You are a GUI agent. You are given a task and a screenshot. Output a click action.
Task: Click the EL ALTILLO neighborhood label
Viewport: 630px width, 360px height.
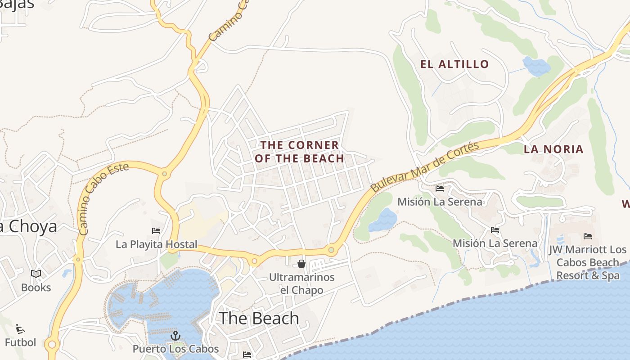coord(454,64)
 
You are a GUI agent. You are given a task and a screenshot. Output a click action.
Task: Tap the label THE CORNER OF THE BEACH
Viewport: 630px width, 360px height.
coord(300,152)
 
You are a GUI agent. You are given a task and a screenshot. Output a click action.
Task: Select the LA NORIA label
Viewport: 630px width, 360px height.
coord(553,149)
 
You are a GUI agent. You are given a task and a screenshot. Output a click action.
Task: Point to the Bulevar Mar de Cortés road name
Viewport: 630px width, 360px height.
coord(425,166)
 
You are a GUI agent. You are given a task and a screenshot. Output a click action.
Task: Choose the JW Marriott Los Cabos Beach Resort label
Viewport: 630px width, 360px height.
coord(588,262)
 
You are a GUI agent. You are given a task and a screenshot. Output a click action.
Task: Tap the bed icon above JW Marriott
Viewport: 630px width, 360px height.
coord(588,236)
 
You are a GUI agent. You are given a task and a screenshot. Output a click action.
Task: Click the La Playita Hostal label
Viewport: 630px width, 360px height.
coord(157,244)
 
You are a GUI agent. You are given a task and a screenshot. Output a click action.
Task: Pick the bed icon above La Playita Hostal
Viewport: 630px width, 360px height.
coord(156,231)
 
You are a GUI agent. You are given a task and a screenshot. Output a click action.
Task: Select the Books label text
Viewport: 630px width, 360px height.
coord(36,288)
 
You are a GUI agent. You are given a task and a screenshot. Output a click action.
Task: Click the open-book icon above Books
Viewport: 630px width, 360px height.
coord(36,274)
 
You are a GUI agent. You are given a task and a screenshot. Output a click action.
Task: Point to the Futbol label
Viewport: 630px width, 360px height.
coord(20,342)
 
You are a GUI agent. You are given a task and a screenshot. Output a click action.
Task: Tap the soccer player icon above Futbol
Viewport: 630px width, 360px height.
coord(20,329)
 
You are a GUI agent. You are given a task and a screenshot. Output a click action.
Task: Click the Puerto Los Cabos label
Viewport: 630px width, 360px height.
coord(175,349)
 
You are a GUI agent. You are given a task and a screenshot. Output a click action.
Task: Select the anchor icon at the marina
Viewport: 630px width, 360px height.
coord(175,336)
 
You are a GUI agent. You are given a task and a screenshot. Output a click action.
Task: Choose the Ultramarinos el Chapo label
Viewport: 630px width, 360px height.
coord(301,283)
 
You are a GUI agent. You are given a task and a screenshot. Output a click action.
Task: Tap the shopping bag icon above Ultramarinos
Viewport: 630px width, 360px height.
coord(301,264)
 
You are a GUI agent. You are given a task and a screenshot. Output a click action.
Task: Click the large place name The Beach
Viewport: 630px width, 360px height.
coord(259,318)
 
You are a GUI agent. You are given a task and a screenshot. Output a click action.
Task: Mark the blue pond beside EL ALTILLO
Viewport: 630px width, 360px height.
coord(536,66)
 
